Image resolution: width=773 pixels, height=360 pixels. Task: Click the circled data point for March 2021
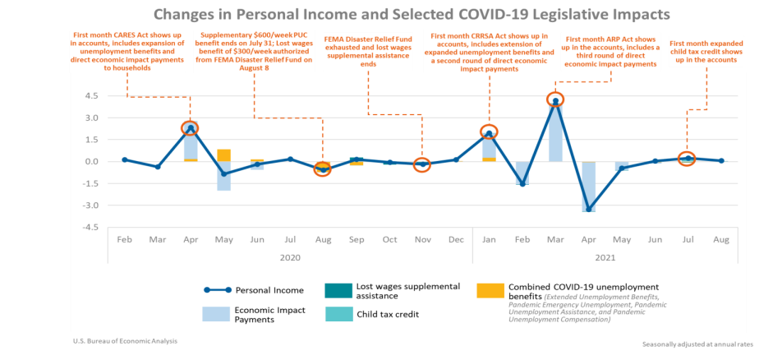coord(555,100)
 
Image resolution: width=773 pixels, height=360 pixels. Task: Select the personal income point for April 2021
coord(589,209)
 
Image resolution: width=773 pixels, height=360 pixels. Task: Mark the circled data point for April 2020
coord(191,128)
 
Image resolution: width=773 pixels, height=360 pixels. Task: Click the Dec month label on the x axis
coord(455,239)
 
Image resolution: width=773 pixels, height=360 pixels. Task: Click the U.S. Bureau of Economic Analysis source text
coord(124,339)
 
